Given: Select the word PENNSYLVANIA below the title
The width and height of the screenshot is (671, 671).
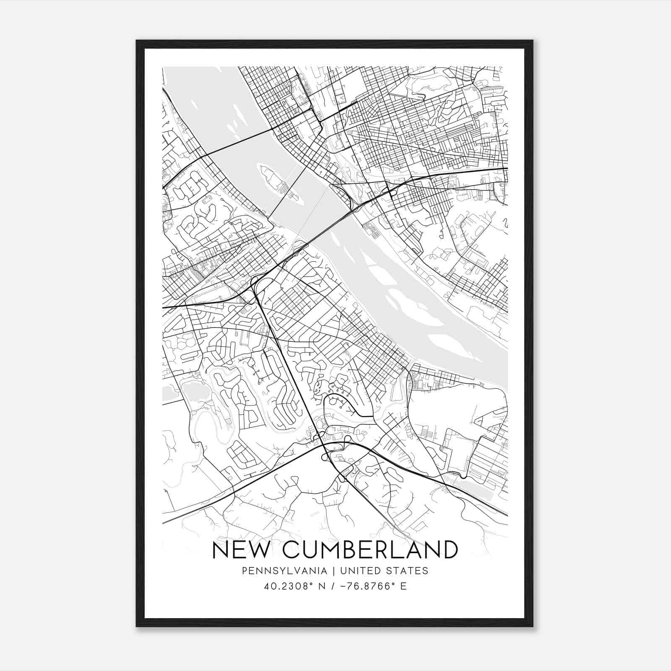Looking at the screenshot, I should click(278, 571).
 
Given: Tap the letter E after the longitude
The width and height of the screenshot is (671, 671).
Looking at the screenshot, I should click(403, 586).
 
